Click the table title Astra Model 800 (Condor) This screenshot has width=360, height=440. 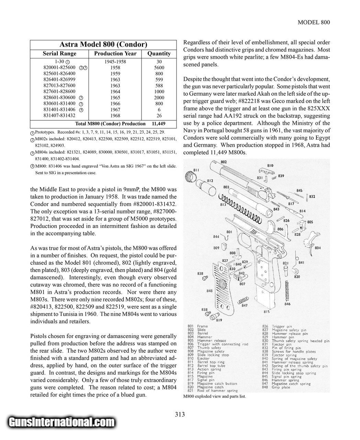[x=103, y=44]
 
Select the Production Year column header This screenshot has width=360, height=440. [x=115, y=54]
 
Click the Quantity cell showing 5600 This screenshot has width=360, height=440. [x=159, y=68]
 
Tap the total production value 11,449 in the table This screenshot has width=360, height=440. [x=158, y=123]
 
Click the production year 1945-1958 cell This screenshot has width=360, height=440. [x=115, y=62]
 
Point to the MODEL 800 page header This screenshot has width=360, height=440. [x=314, y=22]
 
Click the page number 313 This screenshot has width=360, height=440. [x=180, y=414]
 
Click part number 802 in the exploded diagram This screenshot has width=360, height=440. [x=224, y=162]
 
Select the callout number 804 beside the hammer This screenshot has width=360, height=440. [x=317, y=248]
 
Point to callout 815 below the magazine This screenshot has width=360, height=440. [x=266, y=312]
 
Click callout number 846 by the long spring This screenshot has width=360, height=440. [x=288, y=304]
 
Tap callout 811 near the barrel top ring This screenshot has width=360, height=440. [x=196, y=170]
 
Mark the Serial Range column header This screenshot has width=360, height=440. [x=59, y=54]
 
